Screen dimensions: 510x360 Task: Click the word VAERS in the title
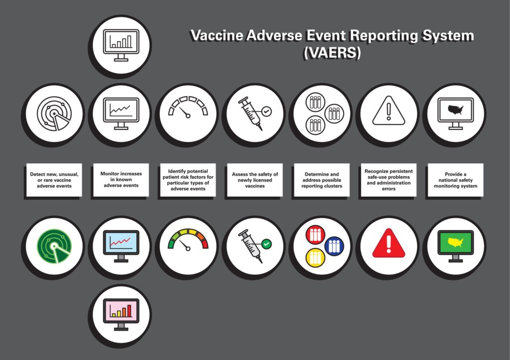coord(332,53)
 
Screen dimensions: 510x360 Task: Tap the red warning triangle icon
coord(388,243)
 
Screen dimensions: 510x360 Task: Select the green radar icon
coord(54,246)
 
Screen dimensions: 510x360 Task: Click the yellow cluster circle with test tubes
coord(315,258)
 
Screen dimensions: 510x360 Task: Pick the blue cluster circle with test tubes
coord(334,246)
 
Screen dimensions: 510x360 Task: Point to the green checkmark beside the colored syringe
coord(266,244)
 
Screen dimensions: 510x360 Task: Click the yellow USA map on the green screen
coord(455,242)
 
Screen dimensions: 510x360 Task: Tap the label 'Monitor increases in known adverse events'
coord(121,180)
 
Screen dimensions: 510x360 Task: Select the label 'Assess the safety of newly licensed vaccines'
coord(255,180)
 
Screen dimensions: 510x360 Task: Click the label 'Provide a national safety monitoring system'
coord(455,180)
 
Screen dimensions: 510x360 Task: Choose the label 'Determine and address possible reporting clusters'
coord(322,180)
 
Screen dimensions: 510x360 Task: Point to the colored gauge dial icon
coord(188,240)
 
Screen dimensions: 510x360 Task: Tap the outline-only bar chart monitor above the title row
coord(121,45)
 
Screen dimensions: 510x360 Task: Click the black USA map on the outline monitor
coord(455,110)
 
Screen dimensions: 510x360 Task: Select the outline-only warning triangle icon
coord(388,111)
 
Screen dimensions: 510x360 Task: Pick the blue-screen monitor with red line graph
coord(121,246)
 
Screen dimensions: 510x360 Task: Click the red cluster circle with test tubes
coord(315,235)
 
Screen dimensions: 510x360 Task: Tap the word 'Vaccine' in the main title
coord(217,35)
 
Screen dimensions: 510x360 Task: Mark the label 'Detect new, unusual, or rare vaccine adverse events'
coord(54,180)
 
